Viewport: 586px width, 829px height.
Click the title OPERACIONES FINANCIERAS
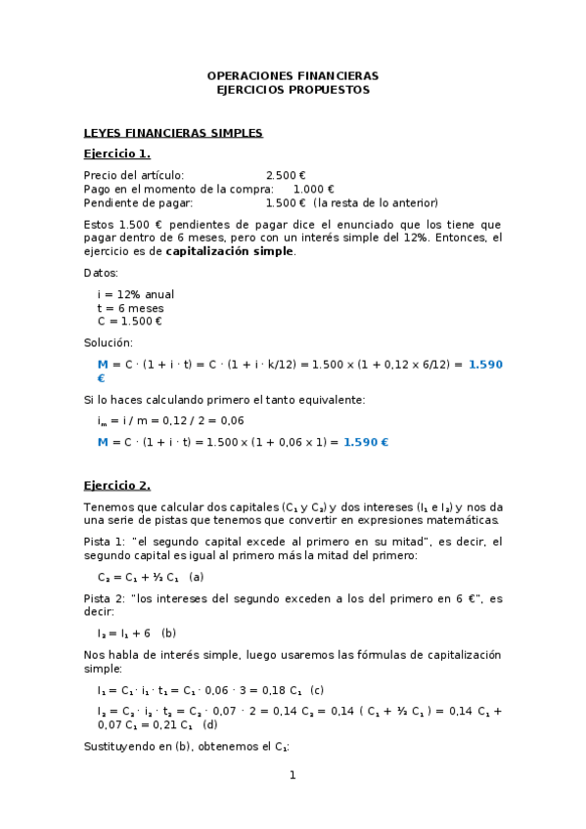click(293, 75)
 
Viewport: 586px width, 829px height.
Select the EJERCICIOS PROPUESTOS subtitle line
click(293, 89)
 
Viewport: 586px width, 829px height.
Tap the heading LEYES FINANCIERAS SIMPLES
click(173, 133)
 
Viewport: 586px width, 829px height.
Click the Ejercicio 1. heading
click(117, 154)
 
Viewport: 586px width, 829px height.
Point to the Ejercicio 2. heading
click(117, 485)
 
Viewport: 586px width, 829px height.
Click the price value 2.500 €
click(286, 176)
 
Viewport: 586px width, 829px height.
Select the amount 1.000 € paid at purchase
click(314, 190)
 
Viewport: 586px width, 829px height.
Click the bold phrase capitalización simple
click(229, 251)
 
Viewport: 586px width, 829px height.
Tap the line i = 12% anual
click(136, 294)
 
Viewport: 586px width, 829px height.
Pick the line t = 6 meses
click(130, 307)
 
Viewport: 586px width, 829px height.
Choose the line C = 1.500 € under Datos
click(129, 321)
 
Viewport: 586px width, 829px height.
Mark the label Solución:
click(108, 342)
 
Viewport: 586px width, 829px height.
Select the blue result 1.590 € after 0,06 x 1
click(366, 442)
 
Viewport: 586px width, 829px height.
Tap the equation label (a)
click(197, 577)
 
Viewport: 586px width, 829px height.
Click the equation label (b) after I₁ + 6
click(169, 633)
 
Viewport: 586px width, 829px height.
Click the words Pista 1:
click(104, 542)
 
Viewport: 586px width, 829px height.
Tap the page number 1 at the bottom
click(292, 776)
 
